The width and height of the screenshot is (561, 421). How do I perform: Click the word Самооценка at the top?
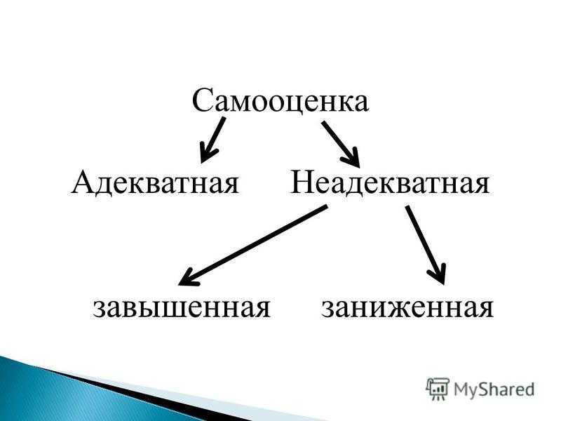coord(280,100)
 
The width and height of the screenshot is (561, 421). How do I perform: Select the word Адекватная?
coord(155,182)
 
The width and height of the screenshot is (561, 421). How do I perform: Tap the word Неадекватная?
coord(390,182)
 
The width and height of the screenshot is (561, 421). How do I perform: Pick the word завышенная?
coord(182,308)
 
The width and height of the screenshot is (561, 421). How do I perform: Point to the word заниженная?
coord(407,308)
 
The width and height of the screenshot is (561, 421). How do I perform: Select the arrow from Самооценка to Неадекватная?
coord(340,145)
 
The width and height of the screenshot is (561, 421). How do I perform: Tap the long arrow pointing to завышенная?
coord(252,246)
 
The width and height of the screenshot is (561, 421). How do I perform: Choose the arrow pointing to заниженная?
coord(426,245)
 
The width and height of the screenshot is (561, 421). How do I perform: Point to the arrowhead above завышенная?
coord(187,278)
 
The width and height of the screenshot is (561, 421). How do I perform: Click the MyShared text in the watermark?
coord(494,389)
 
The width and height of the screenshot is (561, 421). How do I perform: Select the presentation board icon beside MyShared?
coord(438,389)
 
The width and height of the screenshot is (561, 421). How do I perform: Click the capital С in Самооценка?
coord(203,100)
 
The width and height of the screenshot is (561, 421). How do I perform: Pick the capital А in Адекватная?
coord(83,182)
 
